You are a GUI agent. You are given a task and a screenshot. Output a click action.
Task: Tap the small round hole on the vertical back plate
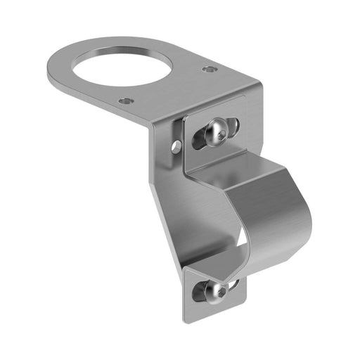tap(176, 146)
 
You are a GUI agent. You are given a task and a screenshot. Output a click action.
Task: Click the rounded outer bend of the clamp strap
tap(299, 211)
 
